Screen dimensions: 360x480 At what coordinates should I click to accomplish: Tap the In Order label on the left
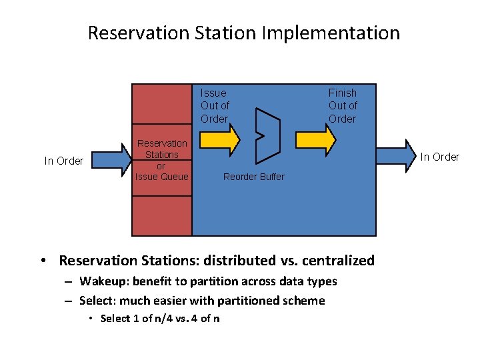(x=64, y=161)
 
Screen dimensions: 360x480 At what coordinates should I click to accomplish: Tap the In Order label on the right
(x=439, y=157)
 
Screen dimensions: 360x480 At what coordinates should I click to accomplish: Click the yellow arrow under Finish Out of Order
(x=315, y=139)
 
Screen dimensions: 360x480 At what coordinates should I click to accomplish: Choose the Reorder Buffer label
(x=253, y=177)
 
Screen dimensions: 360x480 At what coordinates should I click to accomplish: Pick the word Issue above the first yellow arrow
(x=213, y=93)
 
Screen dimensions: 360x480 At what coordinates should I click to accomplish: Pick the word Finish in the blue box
(x=342, y=93)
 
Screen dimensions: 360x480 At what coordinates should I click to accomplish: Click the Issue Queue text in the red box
(x=162, y=177)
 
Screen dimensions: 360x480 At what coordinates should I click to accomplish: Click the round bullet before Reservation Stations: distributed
(x=42, y=261)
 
